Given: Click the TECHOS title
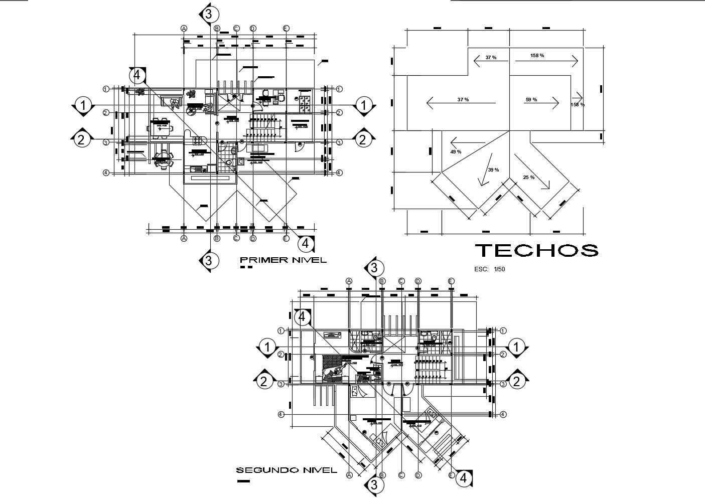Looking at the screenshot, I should [536, 250].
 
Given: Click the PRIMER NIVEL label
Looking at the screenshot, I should [283, 260].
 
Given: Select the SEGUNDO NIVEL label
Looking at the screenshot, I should [286, 470].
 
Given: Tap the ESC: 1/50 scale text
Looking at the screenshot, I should [489, 269].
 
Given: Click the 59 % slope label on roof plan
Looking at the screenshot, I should [531, 100].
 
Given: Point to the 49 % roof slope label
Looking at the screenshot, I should [456, 151].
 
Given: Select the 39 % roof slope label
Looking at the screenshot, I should [493, 170].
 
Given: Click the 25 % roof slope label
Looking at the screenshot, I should [528, 178].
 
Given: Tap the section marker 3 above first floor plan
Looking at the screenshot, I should [210, 14].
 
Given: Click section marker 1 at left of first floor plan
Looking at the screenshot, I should [83, 106].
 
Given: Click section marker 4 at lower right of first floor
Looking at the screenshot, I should [306, 244].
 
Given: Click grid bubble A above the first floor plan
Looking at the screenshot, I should [184, 29].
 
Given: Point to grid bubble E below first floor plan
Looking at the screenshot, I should [286, 238].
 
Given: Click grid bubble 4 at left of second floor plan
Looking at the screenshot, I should [281, 414].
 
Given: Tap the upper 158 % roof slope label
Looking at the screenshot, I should [537, 56].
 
